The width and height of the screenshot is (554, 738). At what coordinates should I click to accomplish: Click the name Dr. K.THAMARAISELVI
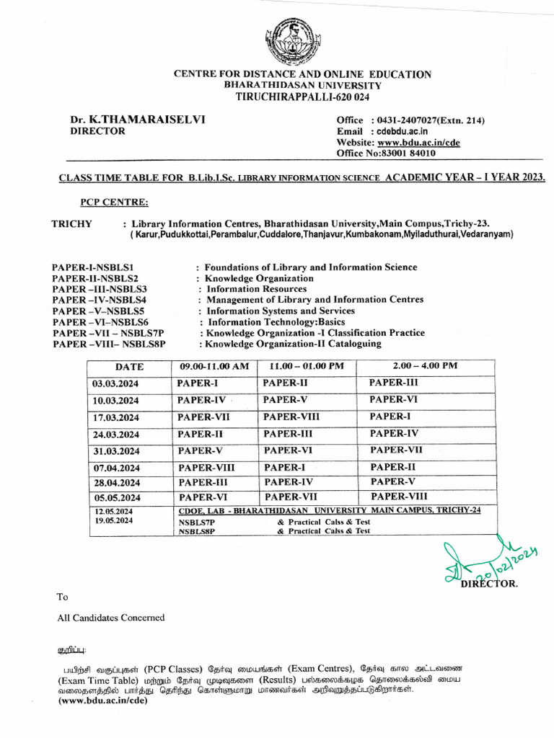pos(137,120)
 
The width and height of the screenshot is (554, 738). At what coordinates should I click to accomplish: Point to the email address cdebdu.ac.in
pos(409,132)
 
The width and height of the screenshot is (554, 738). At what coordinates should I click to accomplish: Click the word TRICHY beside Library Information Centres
pos(72,224)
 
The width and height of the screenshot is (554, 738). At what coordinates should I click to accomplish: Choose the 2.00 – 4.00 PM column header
pos(425,366)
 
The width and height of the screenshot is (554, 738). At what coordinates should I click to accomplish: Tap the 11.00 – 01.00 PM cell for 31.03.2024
pos(288,450)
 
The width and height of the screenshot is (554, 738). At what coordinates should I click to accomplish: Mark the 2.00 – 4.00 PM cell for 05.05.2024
pos(399,497)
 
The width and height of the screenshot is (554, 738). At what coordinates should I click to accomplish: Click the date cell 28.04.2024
pos(115,483)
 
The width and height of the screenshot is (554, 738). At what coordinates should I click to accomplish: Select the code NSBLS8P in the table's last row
pos(197,530)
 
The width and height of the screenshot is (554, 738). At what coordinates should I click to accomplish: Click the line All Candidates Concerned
pos(111,618)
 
